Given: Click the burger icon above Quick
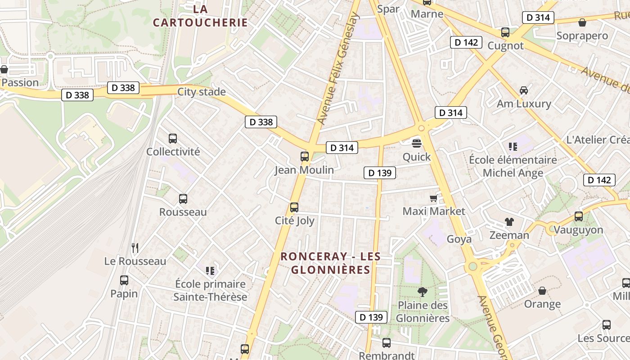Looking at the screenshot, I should pyautogui.click(x=417, y=144).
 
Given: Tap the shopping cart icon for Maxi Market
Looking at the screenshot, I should pyautogui.click(x=433, y=198).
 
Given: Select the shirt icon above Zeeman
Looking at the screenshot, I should pyautogui.click(x=509, y=221).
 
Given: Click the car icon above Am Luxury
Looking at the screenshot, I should pyautogui.click(x=523, y=90).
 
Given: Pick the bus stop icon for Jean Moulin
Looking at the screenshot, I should pyautogui.click(x=305, y=157).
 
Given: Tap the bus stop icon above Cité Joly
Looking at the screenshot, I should pyautogui.click(x=294, y=207).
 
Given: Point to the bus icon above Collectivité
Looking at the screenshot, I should pyautogui.click(x=173, y=139).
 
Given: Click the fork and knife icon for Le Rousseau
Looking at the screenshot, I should pyautogui.click(x=135, y=247).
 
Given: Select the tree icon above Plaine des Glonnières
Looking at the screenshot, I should pyautogui.click(x=422, y=292).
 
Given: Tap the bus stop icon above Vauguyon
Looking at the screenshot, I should pyautogui.click(x=579, y=216).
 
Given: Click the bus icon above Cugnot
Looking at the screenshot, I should pyautogui.click(x=505, y=32).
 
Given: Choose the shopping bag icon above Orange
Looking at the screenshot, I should pyautogui.click(x=542, y=291).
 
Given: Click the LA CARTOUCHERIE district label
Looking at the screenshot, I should pyautogui.click(x=200, y=16).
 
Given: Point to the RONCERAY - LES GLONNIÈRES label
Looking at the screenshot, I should pyautogui.click(x=330, y=263).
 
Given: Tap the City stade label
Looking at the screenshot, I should pyautogui.click(x=201, y=92).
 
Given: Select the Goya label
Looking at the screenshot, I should pyautogui.click(x=459, y=239).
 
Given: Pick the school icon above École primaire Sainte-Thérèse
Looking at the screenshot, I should pyautogui.click(x=210, y=270).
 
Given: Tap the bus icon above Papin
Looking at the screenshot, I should pyautogui.click(x=124, y=280).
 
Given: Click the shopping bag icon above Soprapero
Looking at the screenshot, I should pyautogui.click(x=582, y=22).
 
